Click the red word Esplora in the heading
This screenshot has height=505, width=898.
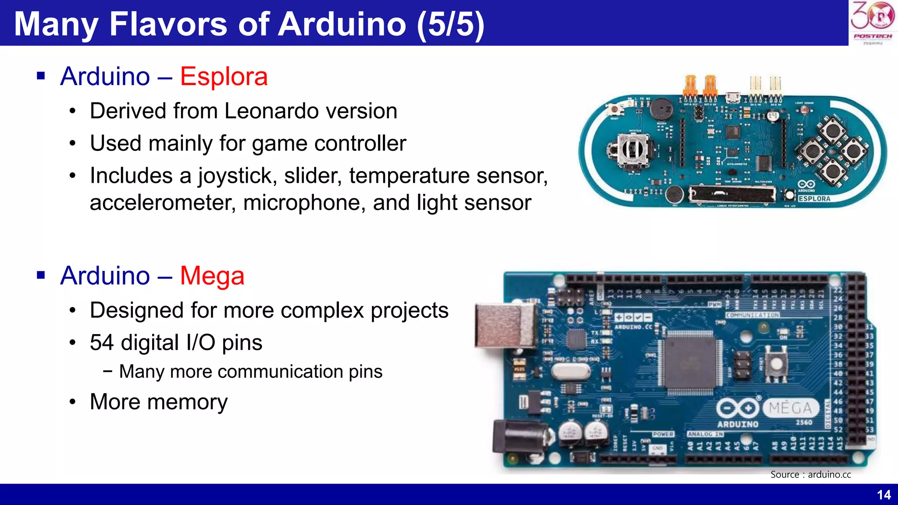(x=224, y=77)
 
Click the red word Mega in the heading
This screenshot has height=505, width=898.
(x=212, y=276)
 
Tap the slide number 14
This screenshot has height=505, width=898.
(x=884, y=495)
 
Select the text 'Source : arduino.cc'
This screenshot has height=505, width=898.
(x=810, y=474)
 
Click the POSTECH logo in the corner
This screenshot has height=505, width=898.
(x=873, y=22)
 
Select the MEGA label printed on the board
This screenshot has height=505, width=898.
(x=790, y=408)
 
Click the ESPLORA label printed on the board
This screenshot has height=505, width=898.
(x=814, y=199)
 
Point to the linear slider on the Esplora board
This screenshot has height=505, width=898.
(x=731, y=194)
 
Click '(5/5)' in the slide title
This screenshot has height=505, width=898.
(x=450, y=24)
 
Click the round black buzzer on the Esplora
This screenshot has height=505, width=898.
(x=661, y=109)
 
